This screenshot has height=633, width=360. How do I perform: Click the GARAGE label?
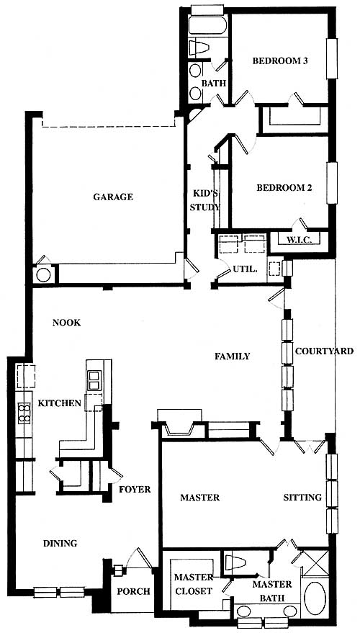coord(113,197)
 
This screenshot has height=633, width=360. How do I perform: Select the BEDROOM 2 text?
coord(284,188)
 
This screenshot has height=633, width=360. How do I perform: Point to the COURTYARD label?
coord(325,351)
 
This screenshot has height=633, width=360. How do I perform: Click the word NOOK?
coord(66,323)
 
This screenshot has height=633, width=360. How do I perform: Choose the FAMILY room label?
coord(233,356)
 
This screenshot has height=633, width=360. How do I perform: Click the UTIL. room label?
coord(245,269)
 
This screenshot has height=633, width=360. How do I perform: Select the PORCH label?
coord(134,591)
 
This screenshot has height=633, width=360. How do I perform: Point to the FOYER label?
coord(135,489)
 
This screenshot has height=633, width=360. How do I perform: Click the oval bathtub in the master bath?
coord(315,598)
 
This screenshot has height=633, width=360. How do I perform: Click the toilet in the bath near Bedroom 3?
coord(199,48)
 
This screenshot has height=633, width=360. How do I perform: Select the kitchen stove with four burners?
coord(24,413)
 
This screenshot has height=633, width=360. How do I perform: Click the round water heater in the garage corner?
coord(44,274)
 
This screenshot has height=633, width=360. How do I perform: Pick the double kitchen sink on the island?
coord(94,380)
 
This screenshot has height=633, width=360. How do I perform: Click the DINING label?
coord(60,544)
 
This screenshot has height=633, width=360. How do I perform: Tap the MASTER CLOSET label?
coord(193,584)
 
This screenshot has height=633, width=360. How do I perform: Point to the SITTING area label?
coord(302,498)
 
